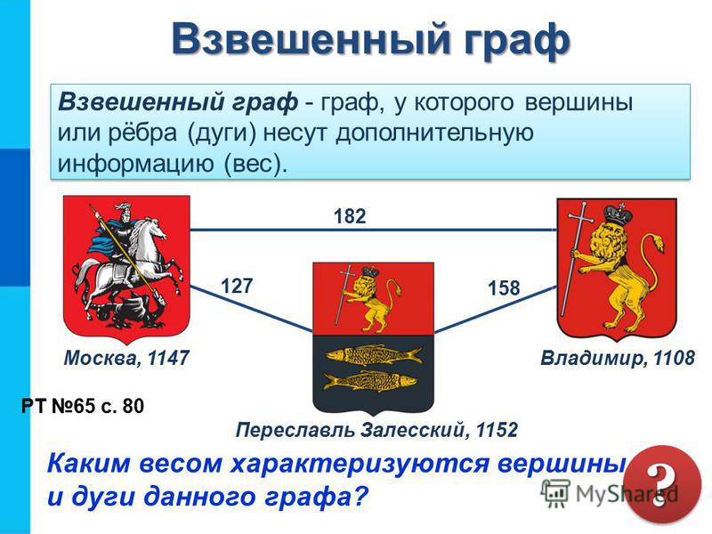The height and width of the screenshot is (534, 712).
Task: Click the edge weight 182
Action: tap(350, 216)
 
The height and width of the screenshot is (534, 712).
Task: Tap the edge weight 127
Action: tap(237, 286)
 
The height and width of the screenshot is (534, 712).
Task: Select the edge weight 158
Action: tap(504, 287)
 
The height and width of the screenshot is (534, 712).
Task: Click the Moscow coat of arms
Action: tap(126, 268)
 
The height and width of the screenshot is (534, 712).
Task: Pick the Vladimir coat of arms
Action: tap(617, 269)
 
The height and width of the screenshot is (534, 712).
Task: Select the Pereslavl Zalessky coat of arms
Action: tap(373, 338)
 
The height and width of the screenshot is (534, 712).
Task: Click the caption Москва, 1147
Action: tap(126, 359)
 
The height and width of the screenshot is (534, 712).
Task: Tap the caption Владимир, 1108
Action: tap(618, 359)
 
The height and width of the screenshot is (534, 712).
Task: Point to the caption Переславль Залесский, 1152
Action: tap(376, 430)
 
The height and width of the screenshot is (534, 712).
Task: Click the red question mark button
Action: tap(662, 484)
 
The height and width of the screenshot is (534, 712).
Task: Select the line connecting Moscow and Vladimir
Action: tap(373, 230)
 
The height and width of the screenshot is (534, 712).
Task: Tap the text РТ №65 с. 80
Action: tap(83, 406)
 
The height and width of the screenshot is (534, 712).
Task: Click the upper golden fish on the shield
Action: tap(372, 354)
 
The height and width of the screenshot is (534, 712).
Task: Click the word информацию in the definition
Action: tap(135, 164)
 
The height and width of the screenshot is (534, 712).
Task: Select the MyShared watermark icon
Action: tap(554, 493)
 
